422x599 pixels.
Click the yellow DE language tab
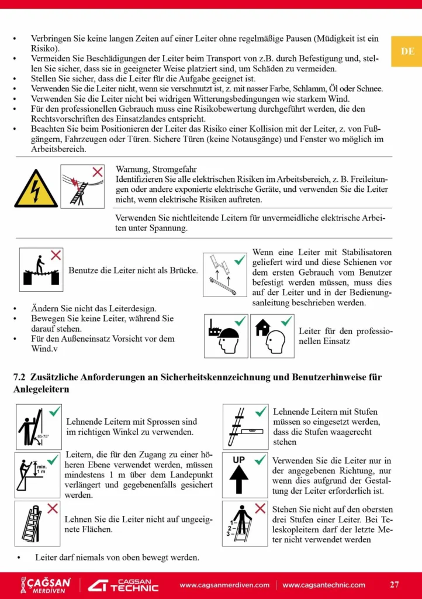407,51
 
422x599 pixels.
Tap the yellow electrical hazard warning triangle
36,188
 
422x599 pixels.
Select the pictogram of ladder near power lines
82,187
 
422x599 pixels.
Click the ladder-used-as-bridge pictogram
41,270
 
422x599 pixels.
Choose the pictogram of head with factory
226,336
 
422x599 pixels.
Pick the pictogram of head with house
272,336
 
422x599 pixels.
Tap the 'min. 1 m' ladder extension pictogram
38,474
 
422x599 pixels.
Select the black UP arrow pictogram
245,474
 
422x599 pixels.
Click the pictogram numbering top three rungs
245,522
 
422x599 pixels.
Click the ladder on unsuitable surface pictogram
38,522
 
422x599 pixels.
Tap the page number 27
395,584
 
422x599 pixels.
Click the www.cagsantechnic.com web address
324,585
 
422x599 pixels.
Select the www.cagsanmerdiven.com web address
224,585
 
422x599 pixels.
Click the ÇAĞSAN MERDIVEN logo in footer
46,585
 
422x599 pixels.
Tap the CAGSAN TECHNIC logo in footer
123,585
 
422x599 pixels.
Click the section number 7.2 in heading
20,377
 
